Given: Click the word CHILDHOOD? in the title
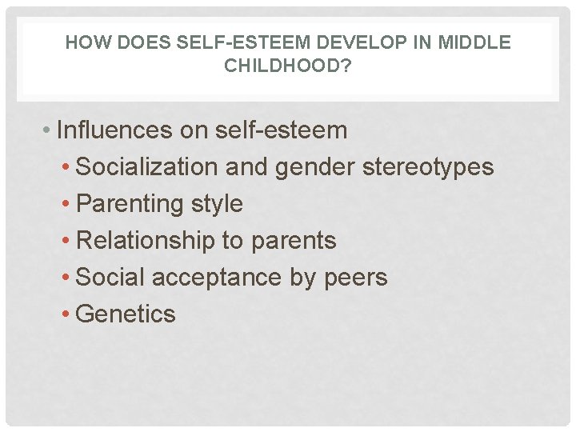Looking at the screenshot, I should (287, 66).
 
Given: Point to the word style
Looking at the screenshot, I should (216, 204).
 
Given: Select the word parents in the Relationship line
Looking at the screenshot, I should (294, 241).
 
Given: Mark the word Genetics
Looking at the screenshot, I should (126, 314).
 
